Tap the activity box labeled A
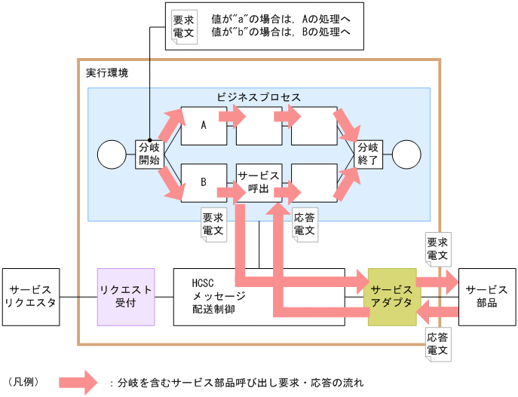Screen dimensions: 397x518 tap(204, 126)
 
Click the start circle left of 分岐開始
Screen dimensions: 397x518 tap(112, 155)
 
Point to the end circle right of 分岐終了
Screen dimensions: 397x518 tap(406, 155)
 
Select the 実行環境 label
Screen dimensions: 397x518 tap(106, 73)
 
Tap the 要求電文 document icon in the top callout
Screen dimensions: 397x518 tap(183, 26)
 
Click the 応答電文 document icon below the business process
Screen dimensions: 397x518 tap(304, 223)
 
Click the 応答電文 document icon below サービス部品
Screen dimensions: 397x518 tap(437, 344)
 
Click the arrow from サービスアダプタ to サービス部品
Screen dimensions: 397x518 tap(437, 282)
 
